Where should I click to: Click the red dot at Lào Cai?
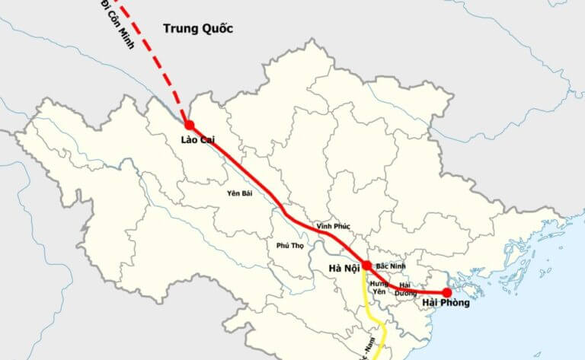click(189, 125)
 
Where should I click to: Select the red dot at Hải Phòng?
click(447, 292)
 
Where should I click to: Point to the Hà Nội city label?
click(343, 268)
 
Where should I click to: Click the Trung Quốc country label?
click(197, 29)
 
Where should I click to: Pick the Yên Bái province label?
click(239, 193)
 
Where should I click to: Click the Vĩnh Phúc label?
click(332, 226)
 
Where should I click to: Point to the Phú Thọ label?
click(292, 245)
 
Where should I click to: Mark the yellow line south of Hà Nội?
click(369, 307)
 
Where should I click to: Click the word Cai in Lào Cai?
click(207, 140)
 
